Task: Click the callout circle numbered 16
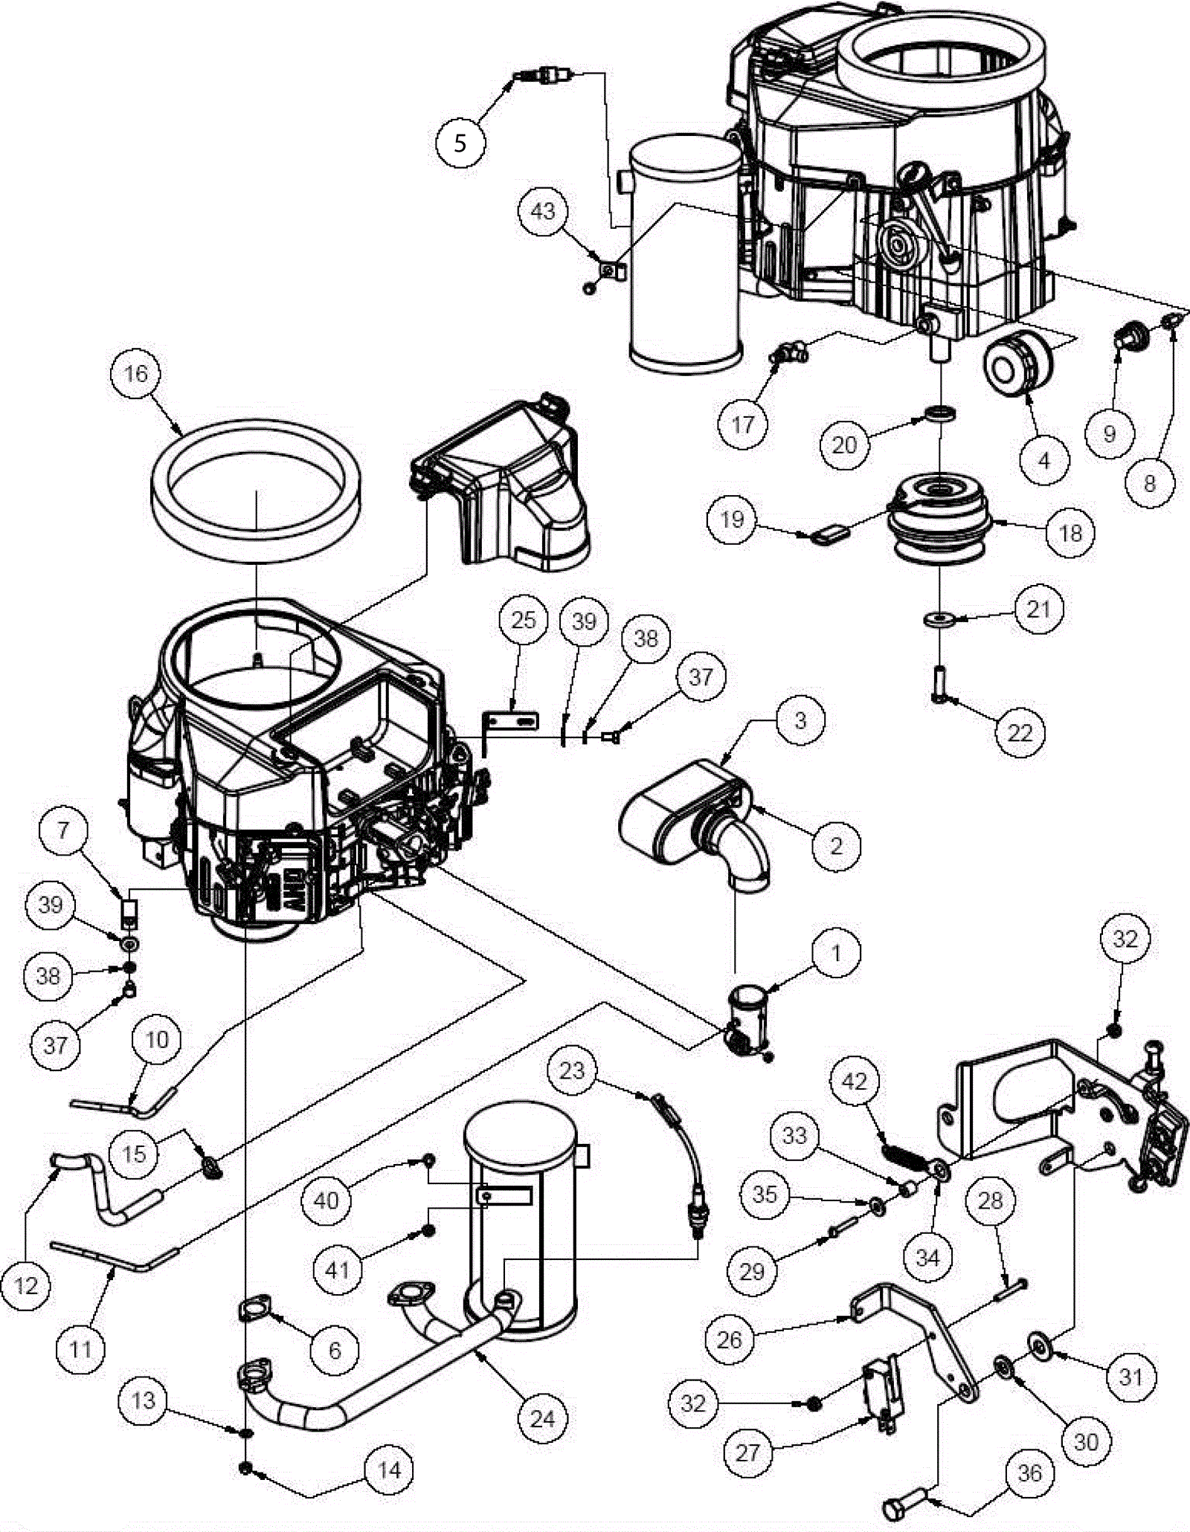[135, 373]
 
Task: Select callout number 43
[543, 211]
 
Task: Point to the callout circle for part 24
[542, 1418]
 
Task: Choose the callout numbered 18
[1070, 532]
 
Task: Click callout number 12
[26, 1285]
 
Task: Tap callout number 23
[572, 1070]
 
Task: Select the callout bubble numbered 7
[63, 830]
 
